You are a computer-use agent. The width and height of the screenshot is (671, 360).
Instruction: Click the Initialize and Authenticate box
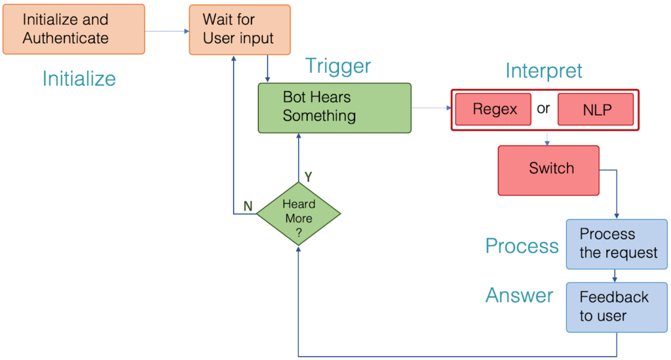click(x=73, y=30)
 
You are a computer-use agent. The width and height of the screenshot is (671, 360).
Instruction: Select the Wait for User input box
click(x=240, y=30)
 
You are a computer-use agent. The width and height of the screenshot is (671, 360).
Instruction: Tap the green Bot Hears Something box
click(x=334, y=108)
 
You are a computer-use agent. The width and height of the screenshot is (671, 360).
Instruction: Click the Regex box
click(x=495, y=109)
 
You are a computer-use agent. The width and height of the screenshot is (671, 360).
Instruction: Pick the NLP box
click(x=596, y=110)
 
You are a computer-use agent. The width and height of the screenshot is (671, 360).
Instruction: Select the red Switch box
click(x=548, y=170)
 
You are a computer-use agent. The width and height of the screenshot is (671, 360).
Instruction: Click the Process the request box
click(x=617, y=244)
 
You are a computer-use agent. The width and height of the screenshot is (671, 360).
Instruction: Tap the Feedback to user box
click(x=617, y=307)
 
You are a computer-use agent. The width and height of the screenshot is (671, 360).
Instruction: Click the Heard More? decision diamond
click(x=299, y=214)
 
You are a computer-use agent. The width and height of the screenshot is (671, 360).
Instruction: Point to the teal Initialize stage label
click(x=79, y=79)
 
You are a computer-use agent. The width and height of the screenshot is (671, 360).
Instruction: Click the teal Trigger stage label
click(x=338, y=66)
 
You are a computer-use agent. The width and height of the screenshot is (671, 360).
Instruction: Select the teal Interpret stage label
click(x=543, y=71)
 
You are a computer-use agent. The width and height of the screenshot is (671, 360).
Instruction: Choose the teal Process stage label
click(x=522, y=246)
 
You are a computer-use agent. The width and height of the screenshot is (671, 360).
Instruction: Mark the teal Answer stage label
click(x=519, y=296)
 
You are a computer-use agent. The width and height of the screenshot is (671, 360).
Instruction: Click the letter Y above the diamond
click(x=308, y=177)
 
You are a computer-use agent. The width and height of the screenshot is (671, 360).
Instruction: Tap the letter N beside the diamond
click(x=248, y=207)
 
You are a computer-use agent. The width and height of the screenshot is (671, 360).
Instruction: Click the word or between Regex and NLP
click(x=543, y=109)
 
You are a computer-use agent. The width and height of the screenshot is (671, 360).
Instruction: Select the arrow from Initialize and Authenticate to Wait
click(x=166, y=30)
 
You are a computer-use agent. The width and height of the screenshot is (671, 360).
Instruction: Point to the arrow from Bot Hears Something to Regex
click(x=431, y=108)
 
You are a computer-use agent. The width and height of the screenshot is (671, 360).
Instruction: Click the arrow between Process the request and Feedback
click(x=617, y=276)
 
